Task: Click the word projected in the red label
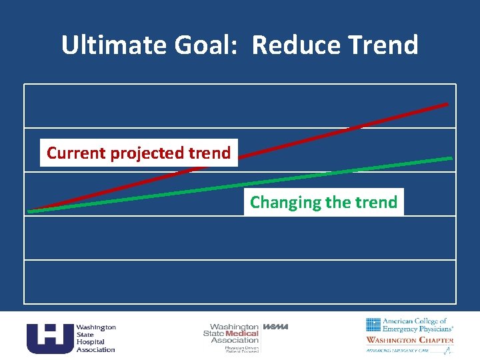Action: (144, 153)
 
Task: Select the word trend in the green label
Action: (376, 202)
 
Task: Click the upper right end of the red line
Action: (447, 104)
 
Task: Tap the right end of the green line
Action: (451, 159)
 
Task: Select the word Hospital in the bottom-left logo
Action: (90, 341)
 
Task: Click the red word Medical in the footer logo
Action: (242, 333)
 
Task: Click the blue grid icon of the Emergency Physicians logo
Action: (373, 325)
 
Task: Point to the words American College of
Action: (415, 321)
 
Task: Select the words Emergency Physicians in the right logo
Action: (418, 329)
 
